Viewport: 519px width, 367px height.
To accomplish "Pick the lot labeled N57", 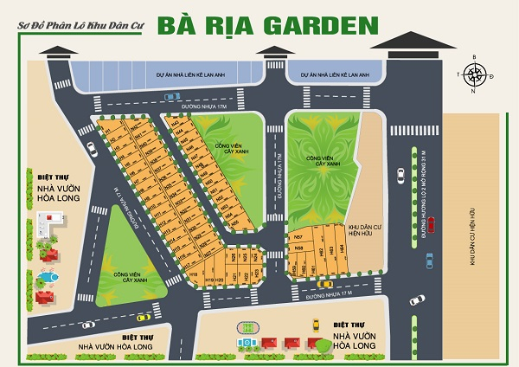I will click(x=298, y=236).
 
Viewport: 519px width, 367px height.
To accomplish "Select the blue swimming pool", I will click(x=44, y=279).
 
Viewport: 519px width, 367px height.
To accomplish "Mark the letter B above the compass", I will click(x=474, y=57).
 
